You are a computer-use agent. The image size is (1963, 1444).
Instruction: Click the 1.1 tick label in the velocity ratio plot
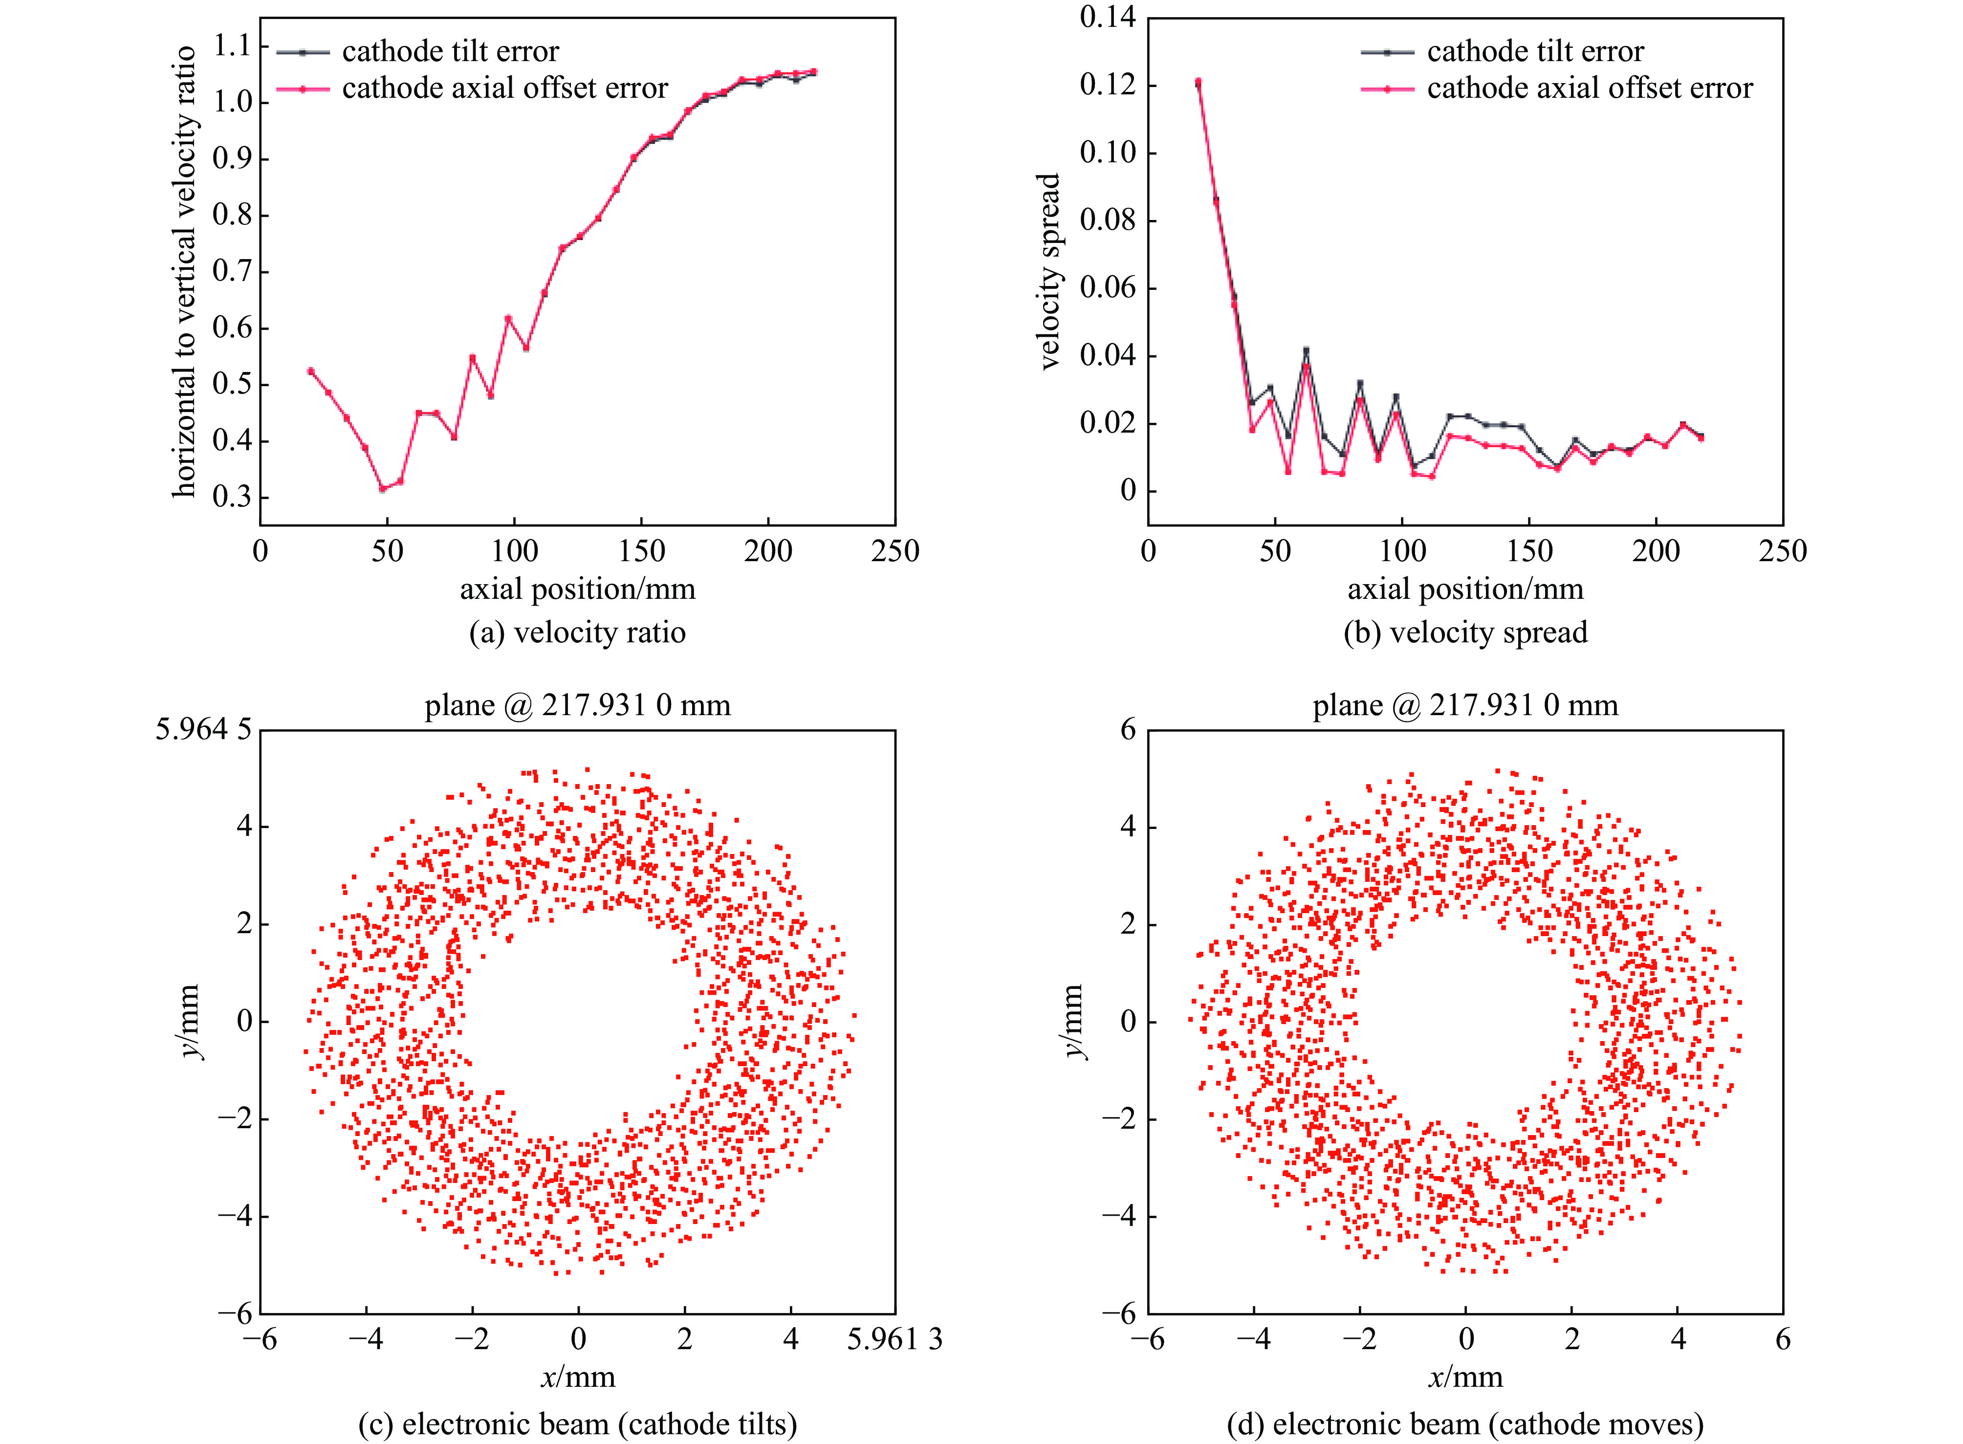point(232,45)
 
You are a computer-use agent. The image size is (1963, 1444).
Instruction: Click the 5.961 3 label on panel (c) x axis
point(894,1339)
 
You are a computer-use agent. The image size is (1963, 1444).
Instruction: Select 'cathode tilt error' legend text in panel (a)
point(450,52)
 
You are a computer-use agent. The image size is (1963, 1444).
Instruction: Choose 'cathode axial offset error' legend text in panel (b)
point(1590,88)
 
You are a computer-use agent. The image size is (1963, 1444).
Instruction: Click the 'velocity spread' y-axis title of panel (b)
point(1049,271)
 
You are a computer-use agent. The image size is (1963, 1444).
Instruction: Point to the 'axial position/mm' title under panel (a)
point(578,589)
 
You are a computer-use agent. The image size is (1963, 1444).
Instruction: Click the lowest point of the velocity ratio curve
point(382,489)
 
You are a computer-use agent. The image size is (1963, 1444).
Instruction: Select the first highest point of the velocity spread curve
point(1198,82)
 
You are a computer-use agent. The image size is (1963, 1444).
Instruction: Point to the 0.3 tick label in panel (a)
point(232,497)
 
